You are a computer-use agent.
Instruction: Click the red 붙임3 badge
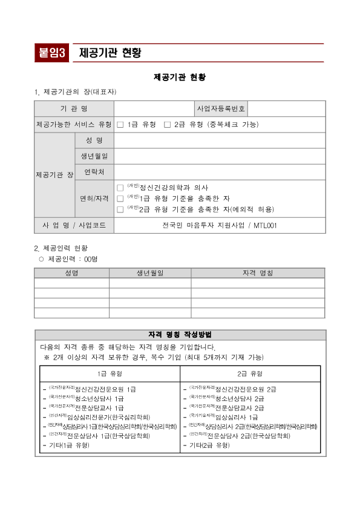point(53,53)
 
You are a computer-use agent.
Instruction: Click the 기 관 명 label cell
point(74,109)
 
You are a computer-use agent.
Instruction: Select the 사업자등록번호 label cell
point(221,109)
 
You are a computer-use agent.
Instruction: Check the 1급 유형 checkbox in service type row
point(120,125)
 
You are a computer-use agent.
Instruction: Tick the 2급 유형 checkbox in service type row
point(167,125)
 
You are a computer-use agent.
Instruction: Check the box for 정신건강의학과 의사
point(120,188)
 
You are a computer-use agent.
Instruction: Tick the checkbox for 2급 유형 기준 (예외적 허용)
point(120,209)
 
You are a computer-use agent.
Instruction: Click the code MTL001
point(265,226)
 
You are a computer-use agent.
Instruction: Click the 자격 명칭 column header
point(258,273)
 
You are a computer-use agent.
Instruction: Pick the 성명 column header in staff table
point(71,273)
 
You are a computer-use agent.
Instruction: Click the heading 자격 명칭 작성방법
point(180,335)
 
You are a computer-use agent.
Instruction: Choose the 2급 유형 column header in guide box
point(250,373)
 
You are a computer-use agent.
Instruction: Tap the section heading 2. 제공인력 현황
point(61,248)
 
